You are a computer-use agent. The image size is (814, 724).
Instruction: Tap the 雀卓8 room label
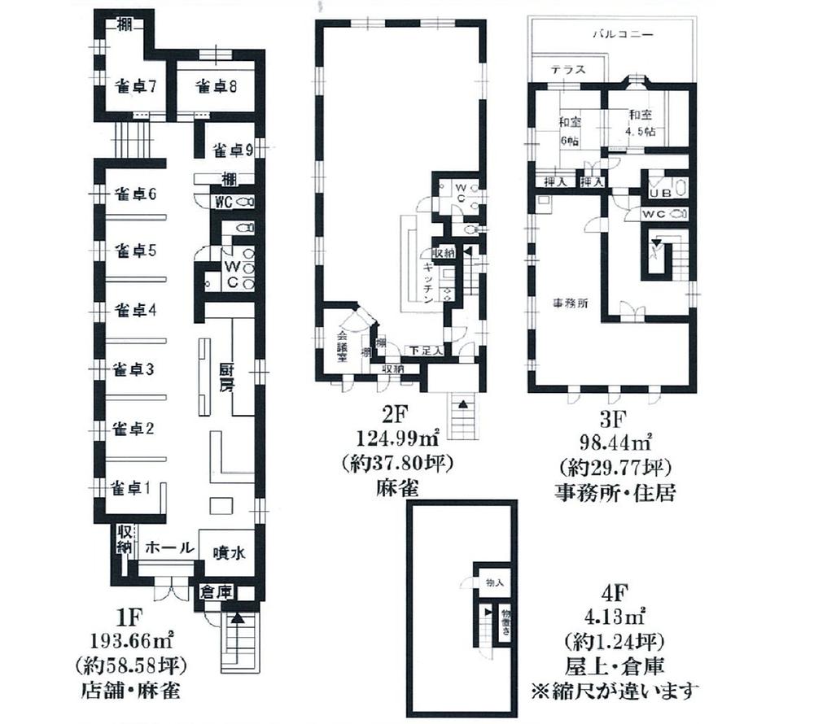click(206, 86)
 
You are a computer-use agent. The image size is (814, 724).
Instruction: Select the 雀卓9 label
click(232, 150)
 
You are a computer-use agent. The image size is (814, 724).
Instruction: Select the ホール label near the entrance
click(169, 547)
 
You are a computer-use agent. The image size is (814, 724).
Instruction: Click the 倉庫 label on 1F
click(217, 592)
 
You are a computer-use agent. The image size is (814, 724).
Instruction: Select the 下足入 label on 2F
click(427, 351)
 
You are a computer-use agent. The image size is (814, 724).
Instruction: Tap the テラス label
click(567, 70)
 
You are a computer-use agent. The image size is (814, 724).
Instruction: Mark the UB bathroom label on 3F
click(658, 193)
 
